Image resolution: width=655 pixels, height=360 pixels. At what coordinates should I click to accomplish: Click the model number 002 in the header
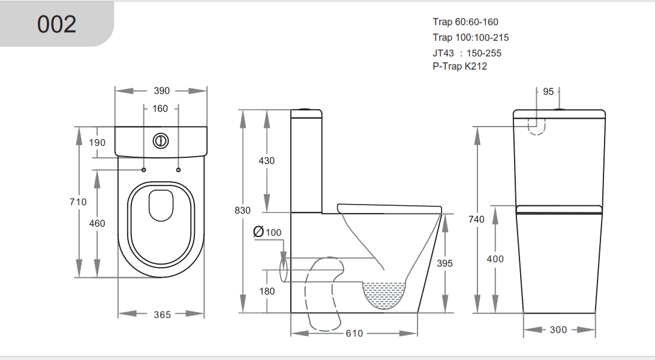pos(57,24)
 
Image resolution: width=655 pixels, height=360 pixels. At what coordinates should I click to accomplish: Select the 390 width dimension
pos(161,91)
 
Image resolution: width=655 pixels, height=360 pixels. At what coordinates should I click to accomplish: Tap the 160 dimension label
pos(160,109)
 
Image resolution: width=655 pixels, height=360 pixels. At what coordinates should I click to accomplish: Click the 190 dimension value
pos(97,142)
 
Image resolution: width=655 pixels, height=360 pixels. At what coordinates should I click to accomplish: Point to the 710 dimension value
pos(78,202)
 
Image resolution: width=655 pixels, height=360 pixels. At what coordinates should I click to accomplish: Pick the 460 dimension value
pos(97,223)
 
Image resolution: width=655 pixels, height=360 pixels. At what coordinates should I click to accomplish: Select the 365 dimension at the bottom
pos(162,314)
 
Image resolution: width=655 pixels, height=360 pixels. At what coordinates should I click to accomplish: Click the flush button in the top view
pos(161,140)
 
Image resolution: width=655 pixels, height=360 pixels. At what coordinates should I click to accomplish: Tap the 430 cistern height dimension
pos(266,161)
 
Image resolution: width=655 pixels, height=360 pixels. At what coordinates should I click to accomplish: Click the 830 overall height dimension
pos(242,211)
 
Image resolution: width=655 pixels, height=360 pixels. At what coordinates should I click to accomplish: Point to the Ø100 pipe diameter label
pos(267,232)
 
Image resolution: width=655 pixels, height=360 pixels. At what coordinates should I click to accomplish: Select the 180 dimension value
pos(267,291)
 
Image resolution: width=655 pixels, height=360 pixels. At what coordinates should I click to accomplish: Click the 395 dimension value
pos(444,263)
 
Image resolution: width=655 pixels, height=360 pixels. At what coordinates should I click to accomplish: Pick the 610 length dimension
pos(354,333)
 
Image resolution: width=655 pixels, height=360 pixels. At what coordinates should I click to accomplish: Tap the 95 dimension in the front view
pos(548,91)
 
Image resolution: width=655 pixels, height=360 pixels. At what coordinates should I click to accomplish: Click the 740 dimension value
pos(476,220)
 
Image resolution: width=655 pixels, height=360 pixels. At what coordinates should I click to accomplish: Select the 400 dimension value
pos(495,259)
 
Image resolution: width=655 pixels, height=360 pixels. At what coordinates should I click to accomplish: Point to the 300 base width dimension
pos(558,329)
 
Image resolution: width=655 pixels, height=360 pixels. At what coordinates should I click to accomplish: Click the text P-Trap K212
pos(459,67)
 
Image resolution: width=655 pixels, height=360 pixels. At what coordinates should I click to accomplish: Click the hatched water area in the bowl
pos(385,294)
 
